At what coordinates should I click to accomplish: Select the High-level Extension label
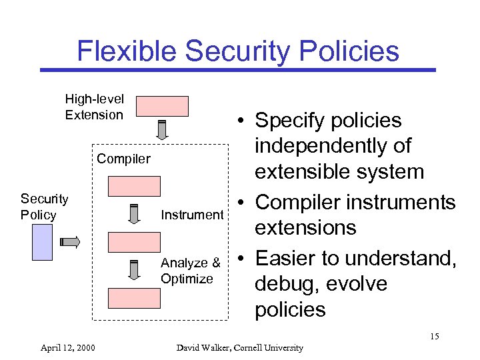click(x=94, y=107)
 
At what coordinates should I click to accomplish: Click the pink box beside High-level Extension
click(x=162, y=106)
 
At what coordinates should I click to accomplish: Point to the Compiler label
click(x=123, y=159)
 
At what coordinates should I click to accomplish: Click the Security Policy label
click(x=44, y=207)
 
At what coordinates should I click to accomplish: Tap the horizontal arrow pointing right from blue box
click(x=70, y=241)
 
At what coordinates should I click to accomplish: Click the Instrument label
click(x=192, y=215)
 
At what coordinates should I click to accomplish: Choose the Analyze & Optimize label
click(x=190, y=271)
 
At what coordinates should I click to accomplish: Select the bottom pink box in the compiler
click(x=135, y=298)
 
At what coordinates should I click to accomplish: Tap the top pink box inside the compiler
click(x=135, y=186)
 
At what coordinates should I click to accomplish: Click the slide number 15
click(x=434, y=336)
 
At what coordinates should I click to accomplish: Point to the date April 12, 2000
click(x=67, y=347)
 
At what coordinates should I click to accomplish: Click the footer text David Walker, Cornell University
click(x=239, y=347)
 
